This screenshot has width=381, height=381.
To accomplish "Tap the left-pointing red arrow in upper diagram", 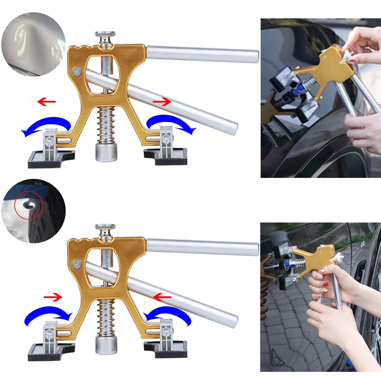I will pyautogui.click(x=46, y=102).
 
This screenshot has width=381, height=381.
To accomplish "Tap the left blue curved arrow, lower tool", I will pyautogui.click(x=48, y=315).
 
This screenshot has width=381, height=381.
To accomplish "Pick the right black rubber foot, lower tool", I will pyautogui.click(x=166, y=349).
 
